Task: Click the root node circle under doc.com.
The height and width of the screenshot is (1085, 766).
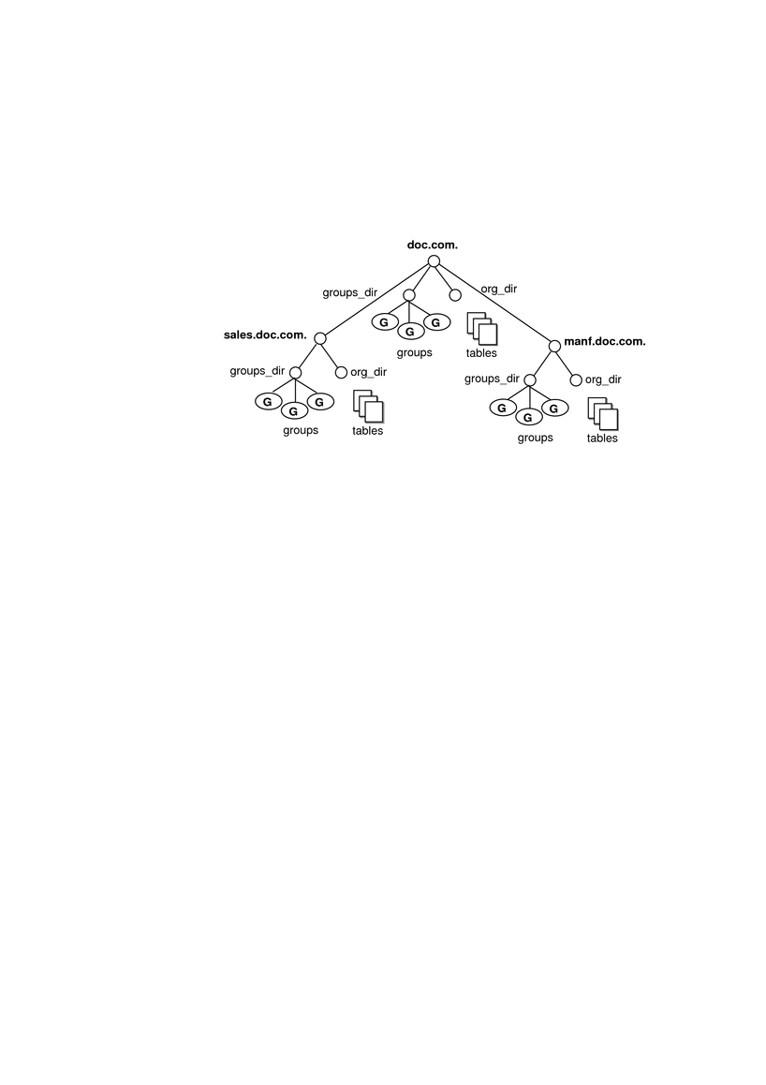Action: point(434,260)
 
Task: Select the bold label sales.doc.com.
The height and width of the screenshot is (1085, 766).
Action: point(265,334)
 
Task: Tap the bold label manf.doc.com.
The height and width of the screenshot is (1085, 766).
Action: point(605,341)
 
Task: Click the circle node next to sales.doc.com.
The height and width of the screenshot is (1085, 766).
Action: point(320,338)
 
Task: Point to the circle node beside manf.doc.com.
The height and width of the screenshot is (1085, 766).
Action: point(554,346)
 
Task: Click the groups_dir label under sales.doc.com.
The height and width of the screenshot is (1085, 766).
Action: point(258,371)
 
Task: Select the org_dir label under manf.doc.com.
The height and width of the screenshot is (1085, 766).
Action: point(604,379)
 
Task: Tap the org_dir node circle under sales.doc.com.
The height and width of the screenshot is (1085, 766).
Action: point(341,373)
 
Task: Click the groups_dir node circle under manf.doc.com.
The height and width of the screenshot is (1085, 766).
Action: point(530,379)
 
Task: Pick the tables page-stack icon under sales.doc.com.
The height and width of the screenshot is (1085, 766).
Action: point(368,407)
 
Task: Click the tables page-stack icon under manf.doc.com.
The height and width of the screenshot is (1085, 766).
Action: point(603,414)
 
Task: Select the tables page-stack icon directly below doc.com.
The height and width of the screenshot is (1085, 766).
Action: point(482,329)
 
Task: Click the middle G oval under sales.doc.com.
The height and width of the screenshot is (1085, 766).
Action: point(294,411)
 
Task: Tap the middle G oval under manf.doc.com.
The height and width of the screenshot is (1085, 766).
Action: point(528,417)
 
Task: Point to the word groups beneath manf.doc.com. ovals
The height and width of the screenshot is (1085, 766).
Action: point(535,438)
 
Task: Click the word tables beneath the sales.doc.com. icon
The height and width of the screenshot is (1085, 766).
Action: point(368,430)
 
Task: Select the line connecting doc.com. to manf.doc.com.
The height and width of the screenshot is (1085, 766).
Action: point(494,303)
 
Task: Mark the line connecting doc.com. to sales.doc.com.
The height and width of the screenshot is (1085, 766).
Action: point(376,300)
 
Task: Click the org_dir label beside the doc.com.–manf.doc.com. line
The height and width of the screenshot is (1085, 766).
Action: point(499,289)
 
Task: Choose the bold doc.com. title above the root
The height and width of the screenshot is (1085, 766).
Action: point(433,245)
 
